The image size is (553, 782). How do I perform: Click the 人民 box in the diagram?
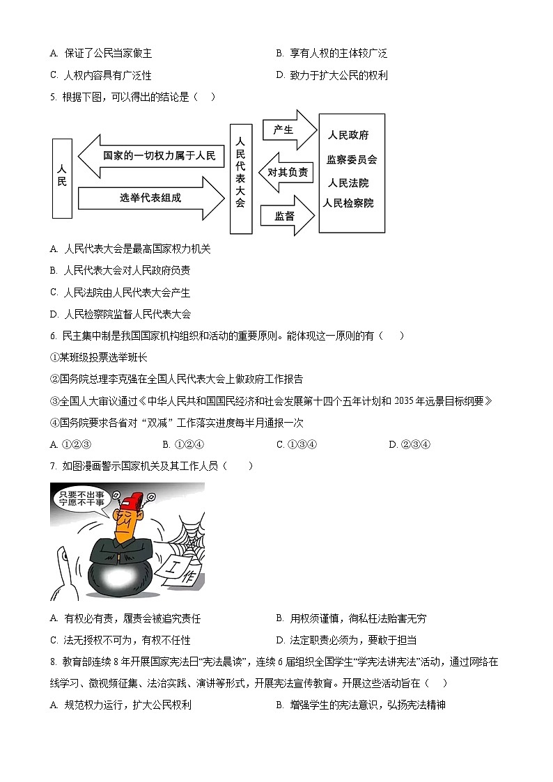[x=62, y=178]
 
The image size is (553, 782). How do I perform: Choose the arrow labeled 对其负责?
[x=287, y=172]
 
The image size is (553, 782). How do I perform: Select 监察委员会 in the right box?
[x=352, y=159]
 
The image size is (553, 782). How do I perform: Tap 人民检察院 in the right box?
[x=349, y=203]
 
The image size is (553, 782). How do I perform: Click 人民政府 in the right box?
[x=348, y=135]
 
